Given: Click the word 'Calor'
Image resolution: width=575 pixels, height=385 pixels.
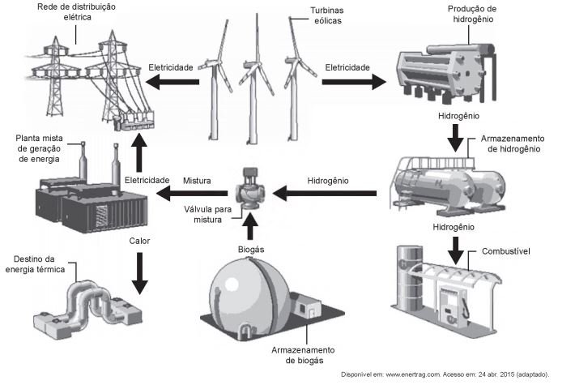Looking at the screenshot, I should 139,241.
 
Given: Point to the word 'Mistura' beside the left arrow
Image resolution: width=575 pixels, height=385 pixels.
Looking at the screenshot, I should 198,180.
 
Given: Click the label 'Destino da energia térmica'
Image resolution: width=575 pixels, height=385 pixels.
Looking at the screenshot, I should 39,263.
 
